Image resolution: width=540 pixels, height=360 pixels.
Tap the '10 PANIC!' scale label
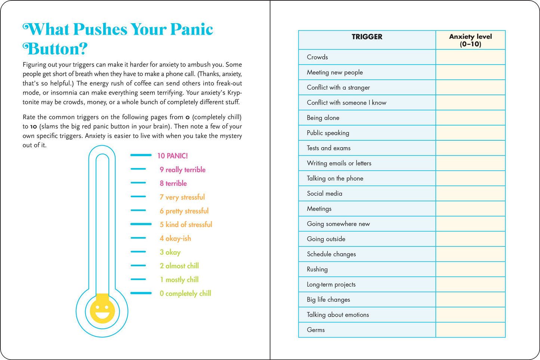point(172,156)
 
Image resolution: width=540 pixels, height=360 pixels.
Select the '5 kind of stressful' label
point(186,224)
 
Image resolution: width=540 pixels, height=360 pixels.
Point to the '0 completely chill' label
point(185,294)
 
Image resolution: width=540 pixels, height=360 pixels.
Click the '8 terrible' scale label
point(173,183)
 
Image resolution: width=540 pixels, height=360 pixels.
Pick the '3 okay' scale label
point(170,252)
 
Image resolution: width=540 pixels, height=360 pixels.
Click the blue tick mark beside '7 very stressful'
point(138,196)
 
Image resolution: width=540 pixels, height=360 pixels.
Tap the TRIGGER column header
point(367,37)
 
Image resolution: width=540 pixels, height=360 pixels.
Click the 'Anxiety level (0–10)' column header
point(470,40)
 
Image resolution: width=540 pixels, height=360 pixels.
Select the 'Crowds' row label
point(317,57)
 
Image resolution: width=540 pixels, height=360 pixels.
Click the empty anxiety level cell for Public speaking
point(470,133)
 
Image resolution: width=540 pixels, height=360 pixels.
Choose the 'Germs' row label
point(316,330)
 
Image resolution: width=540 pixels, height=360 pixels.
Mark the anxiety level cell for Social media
point(470,193)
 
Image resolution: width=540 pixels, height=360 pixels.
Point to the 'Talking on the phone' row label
point(335,179)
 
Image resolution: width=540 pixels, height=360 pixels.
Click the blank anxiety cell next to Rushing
point(470,269)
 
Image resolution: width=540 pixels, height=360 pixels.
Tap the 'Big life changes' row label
point(328,300)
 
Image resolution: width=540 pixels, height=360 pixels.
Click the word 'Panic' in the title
point(191,29)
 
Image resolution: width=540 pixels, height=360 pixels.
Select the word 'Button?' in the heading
point(55,49)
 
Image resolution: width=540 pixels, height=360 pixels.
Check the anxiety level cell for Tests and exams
point(470,148)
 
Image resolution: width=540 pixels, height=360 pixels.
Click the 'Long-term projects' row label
point(331,285)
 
